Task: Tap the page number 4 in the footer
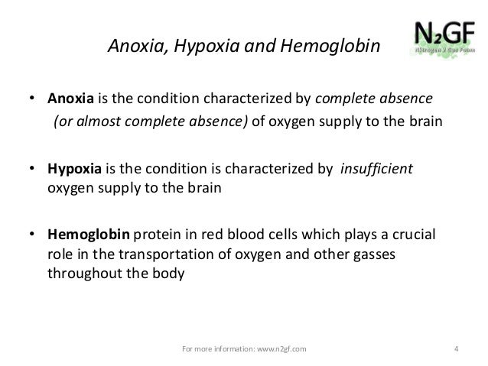[x=456, y=350]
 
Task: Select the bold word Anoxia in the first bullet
[x=72, y=99]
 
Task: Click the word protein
[x=159, y=235]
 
